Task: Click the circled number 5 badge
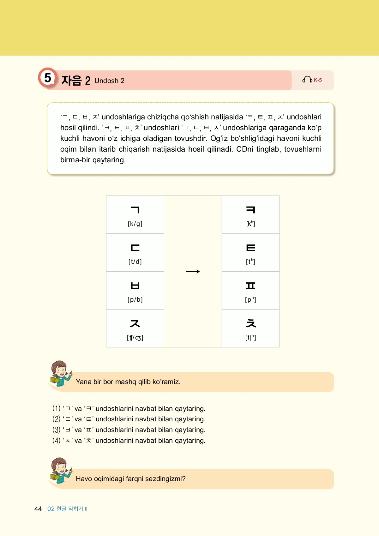click(x=47, y=78)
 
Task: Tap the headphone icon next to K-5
click(x=307, y=80)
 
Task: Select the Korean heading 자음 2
click(x=76, y=81)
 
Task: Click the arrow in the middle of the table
click(x=193, y=272)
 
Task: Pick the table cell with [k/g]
click(x=135, y=215)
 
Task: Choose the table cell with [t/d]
click(x=135, y=253)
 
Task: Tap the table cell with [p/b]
click(x=135, y=291)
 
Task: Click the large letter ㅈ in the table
click(x=135, y=323)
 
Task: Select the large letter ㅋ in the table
click(x=251, y=210)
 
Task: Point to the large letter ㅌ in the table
click(x=251, y=248)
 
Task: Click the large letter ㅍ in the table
click(x=251, y=286)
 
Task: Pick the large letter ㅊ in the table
click(x=251, y=323)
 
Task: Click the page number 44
click(x=38, y=509)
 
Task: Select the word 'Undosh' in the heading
click(x=106, y=81)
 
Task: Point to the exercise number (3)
click(x=56, y=430)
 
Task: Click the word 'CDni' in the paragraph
click(x=245, y=149)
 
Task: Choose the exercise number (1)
click(x=56, y=408)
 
